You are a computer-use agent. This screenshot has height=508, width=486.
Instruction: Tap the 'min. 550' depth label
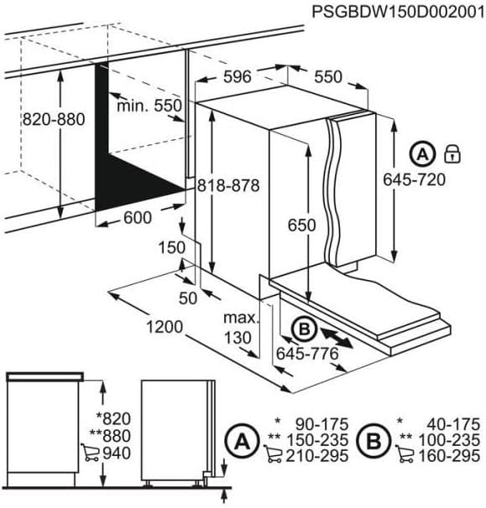pyautogui.click(x=150, y=106)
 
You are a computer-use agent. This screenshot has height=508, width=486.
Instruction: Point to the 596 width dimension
pyautogui.click(x=238, y=77)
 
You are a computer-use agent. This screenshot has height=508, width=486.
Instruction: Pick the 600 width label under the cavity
pyautogui.click(x=137, y=218)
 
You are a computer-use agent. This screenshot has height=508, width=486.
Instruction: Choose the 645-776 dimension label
pyautogui.click(x=306, y=354)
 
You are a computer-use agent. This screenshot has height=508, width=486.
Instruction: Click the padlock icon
pyautogui.click(x=452, y=153)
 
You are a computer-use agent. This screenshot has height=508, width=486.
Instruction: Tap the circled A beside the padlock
pyautogui.click(x=423, y=153)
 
